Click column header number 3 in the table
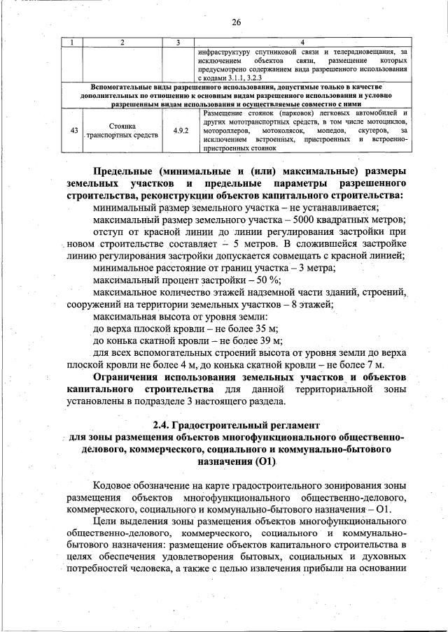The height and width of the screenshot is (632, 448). pyautogui.click(x=178, y=43)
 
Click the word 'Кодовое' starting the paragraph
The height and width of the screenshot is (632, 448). pyautogui.click(x=115, y=486)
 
